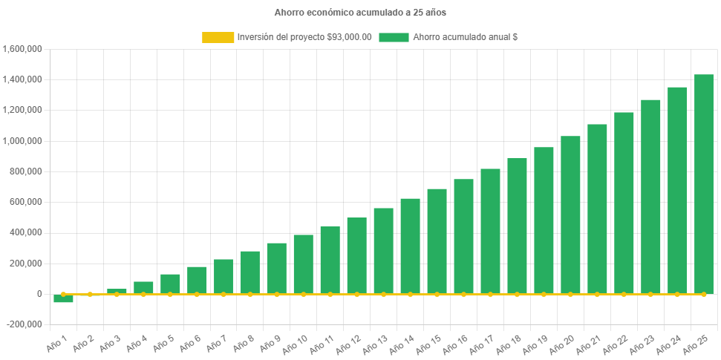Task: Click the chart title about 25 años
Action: pyautogui.click(x=360, y=13)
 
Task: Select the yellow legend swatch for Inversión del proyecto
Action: pyautogui.click(x=217, y=37)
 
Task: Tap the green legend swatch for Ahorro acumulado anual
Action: pyautogui.click(x=394, y=37)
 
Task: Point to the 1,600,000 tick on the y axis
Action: pyautogui.click(x=22, y=49)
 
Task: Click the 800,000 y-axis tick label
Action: pyautogui.click(x=26, y=171)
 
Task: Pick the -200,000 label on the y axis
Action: pyautogui.click(x=25, y=324)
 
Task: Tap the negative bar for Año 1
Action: pyautogui.click(x=63, y=298)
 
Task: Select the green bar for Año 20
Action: pyautogui.click(x=570, y=215)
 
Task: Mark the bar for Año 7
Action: pyautogui.click(x=224, y=276)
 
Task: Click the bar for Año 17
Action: pyautogui.click(x=490, y=231)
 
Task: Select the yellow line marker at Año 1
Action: pyautogui.click(x=63, y=294)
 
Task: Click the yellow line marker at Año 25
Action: pyautogui.click(x=703, y=294)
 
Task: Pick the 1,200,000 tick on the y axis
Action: pyautogui.click(x=22, y=110)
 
